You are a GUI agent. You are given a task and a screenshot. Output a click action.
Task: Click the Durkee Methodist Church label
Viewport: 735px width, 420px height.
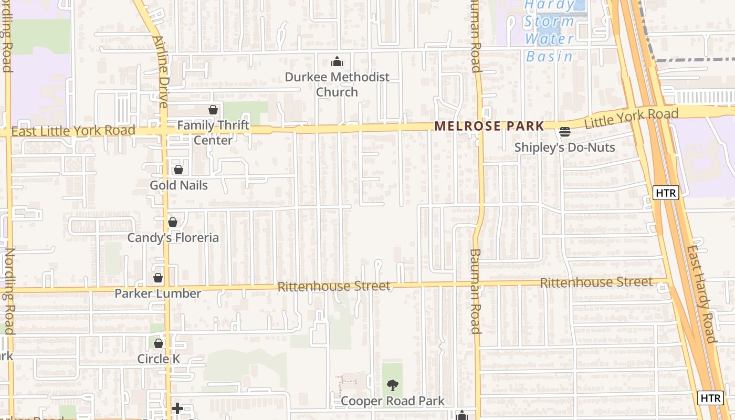click(x=337, y=85)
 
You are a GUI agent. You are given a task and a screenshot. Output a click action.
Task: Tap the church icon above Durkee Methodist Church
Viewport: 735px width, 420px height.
click(x=337, y=62)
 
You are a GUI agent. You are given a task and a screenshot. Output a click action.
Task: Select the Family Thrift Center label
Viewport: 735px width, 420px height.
click(x=213, y=133)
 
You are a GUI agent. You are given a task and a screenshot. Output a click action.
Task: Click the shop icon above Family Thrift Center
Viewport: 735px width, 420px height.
click(x=213, y=110)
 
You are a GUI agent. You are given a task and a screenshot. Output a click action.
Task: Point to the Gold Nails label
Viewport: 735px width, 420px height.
click(x=178, y=185)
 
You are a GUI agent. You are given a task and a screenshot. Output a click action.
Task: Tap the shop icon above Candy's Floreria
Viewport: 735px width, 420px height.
click(x=173, y=222)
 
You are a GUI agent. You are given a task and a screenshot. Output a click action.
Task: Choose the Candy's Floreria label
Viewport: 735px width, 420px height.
click(x=173, y=238)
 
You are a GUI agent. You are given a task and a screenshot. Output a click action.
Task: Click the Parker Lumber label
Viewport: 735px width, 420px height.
click(x=158, y=293)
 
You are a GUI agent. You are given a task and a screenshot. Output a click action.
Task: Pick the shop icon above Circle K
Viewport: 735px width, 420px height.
click(x=159, y=343)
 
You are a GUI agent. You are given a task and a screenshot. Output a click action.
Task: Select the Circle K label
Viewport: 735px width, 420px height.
click(x=159, y=359)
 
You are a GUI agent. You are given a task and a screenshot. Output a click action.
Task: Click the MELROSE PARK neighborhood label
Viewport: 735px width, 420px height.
click(x=489, y=126)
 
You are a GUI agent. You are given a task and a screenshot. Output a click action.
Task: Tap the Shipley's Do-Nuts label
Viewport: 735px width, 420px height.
click(x=564, y=148)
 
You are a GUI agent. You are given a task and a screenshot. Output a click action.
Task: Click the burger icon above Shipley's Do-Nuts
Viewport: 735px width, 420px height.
click(x=565, y=132)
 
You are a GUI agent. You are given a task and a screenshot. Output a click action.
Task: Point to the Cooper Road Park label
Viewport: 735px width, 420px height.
click(x=393, y=401)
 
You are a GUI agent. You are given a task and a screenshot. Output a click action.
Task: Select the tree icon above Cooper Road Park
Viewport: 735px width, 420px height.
click(x=392, y=386)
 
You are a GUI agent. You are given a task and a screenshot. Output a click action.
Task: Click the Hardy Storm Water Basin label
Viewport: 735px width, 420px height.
click(x=549, y=30)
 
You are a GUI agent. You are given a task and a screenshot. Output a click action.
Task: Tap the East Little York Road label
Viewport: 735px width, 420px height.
click(x=73, y=131)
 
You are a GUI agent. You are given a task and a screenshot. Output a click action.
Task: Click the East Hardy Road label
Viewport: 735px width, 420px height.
click(x=701, y=293)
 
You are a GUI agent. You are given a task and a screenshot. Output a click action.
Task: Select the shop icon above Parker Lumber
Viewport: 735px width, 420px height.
click(x=158, y=278)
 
